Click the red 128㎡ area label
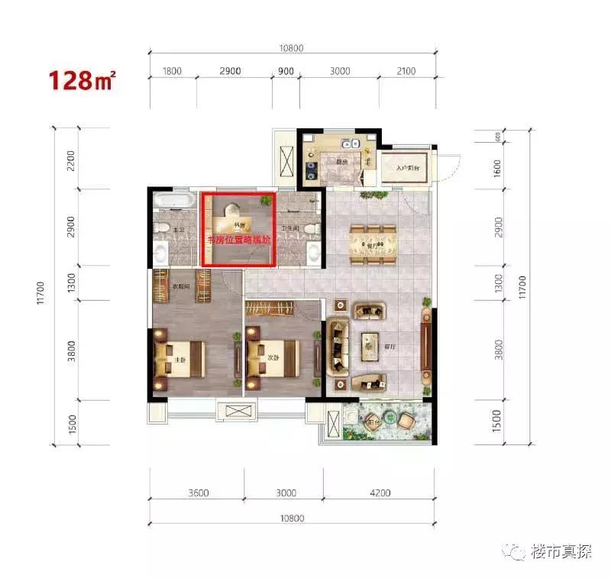[x=82, y=79]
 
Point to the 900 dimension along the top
[x=286, y=71]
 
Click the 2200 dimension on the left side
[x=70, y=160]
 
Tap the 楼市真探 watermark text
[x=561, y=551]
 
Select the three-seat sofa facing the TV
[x=337, y=347]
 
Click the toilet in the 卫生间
[x=309, y=230]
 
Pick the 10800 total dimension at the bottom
[x=292, y=518]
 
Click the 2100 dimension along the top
[x=406, y=71]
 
